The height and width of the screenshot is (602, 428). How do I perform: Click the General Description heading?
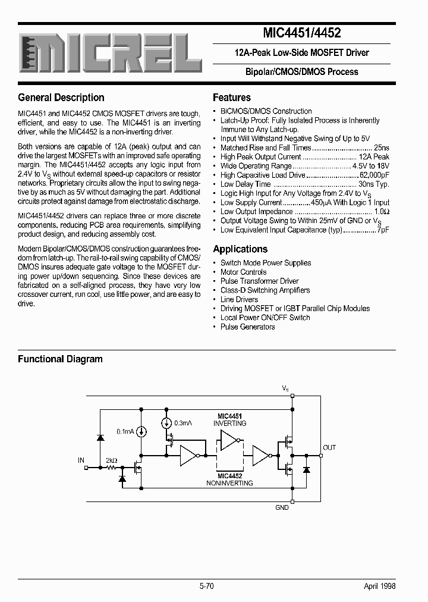[61, 98]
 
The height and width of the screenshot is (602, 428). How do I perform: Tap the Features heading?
[232, 98]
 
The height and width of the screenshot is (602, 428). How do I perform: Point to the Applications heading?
[240, 249]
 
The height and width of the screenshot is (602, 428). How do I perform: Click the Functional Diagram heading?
[60, 359]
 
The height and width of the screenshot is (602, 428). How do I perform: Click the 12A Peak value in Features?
[374, 157]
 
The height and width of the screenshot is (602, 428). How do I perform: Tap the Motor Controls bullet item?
[243, 272]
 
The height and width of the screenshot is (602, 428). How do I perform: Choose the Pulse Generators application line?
[247, 327]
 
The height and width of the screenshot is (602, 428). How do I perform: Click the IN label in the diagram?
[81, 460]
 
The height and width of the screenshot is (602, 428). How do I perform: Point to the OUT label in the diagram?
[329, 447]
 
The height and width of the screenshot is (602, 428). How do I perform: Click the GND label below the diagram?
[282, 507]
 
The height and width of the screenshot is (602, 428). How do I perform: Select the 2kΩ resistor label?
[111, 460]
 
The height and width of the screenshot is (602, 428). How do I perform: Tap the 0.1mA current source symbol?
[142, 431]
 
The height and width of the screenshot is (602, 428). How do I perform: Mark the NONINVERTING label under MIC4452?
[230, 483]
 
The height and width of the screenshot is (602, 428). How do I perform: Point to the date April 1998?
[379, 586]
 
